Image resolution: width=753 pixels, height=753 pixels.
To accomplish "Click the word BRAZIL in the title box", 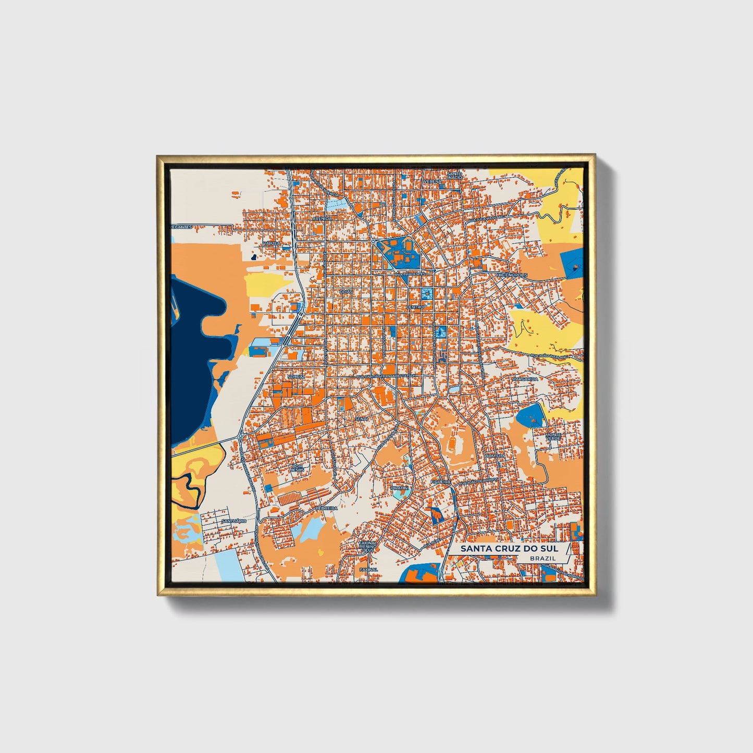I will click(x=542, y=558).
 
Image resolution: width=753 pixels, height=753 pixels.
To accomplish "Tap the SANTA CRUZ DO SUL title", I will click(x=509, y=548).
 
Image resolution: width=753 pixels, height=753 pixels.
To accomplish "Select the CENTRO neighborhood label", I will click(x=415, y=307).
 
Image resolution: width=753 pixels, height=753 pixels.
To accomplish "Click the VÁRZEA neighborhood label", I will click(x=271, y=243).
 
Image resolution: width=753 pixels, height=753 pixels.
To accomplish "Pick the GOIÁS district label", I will click(x=346, y=292).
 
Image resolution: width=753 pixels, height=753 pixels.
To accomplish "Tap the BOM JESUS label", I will click(x=297, y=467).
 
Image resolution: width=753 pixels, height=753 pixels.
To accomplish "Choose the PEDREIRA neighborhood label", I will click(x=327, y=508).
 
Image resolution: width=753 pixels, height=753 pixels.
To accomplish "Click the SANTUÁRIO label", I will click(x=233, y=521).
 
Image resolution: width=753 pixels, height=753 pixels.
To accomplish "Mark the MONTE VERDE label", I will click(x=553, y=437).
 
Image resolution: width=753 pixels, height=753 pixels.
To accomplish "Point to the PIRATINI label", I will click(x=400, y=488).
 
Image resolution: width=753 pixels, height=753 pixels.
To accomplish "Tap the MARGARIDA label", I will click(x=524, y=379).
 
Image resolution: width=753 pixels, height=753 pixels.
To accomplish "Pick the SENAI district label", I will click(x=361, y=418).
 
